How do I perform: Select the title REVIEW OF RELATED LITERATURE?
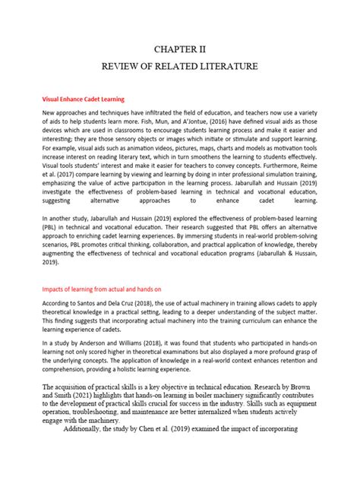(180, 68)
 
